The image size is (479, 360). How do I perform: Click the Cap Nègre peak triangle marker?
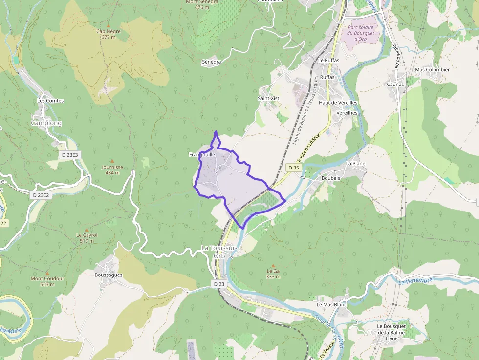[x=108, y=25]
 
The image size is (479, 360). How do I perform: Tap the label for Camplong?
[x=46, y=123]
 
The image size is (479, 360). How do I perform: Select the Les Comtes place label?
[x=50, y=101]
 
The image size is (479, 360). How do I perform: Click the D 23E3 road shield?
[x=70, y=155]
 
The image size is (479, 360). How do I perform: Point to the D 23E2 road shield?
[x=41, y=195]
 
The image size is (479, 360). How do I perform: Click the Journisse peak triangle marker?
[x=112, y=161]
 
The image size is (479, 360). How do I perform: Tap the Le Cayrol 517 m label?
[x=87, y=238]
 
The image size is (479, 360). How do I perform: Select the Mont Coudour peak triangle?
[x=47, y=273]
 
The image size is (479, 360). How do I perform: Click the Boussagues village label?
[x=109, y=275]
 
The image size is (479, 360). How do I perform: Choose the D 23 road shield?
[x=219, y=284]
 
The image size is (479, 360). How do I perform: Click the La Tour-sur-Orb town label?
[x=219, y=252]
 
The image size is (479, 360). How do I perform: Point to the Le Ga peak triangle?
[x=273, y=265]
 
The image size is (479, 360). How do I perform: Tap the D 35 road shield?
[x=293, y=168]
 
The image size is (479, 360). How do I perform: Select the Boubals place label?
[x=331, y=178]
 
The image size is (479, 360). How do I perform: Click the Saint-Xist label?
[x=268, y=98]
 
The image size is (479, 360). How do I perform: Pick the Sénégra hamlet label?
[x=212, y=62]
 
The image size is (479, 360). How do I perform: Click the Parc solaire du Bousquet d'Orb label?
[x=361, y=33]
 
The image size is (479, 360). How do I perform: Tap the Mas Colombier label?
[x=432, y=70]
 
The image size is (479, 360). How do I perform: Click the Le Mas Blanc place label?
[x=331, y=304]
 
